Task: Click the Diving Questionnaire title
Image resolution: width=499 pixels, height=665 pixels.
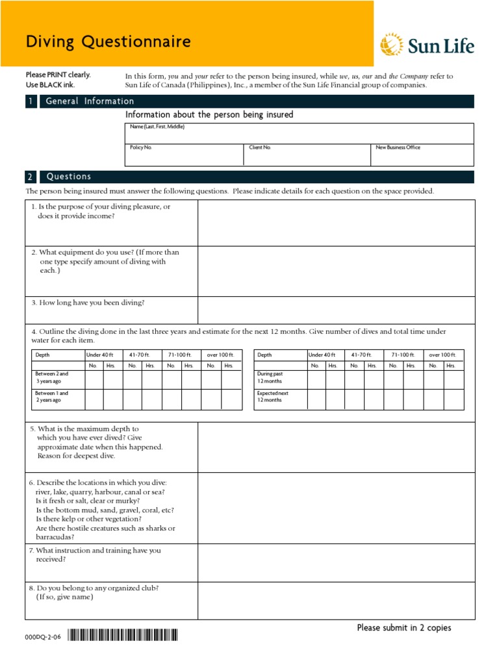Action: click(x=108, y=42)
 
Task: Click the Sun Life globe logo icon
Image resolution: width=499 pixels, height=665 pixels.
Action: click(x=390, y=45)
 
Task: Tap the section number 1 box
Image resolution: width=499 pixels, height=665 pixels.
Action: click(x=31, y=101)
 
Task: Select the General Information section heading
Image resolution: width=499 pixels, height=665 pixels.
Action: click(x=90, y=101)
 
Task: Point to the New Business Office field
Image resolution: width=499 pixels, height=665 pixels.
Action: click(x=422, y=155)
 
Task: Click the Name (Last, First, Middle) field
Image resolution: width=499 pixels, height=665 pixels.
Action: click(x=299, y=133)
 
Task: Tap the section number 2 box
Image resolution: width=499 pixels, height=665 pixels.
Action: click(x=31, y=177)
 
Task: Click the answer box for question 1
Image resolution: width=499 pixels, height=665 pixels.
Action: click(x=336, y=223)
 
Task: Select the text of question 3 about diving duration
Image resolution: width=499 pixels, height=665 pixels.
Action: click(x=88, y=303)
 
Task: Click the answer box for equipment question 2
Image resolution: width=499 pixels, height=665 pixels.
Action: click(x=336, y=271)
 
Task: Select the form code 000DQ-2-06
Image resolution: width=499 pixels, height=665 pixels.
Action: click(x=43, y=638)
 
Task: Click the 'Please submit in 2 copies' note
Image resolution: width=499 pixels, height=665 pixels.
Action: click(x=403, y=627)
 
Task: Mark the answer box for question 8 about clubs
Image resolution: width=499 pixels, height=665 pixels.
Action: click(x=336, y=600)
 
